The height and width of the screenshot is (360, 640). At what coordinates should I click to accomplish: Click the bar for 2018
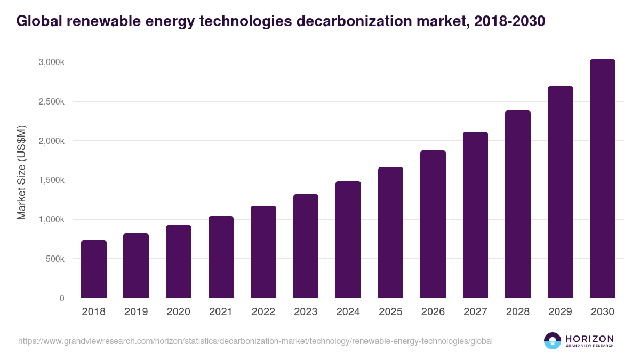(x=94, y=269)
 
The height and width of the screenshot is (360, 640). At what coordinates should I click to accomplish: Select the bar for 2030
(x=603, y=179)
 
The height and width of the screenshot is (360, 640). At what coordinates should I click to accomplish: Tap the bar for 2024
(x=348, y=239)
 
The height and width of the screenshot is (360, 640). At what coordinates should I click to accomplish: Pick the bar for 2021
(x=221, y=257)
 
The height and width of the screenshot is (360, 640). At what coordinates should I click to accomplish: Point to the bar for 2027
(x=475, y=214)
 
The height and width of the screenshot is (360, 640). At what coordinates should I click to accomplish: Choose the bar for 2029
(x=560, y=192)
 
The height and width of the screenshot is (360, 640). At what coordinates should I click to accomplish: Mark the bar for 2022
(x=263, y=252)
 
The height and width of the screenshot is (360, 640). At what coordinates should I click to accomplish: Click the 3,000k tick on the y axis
(x=51, y=62)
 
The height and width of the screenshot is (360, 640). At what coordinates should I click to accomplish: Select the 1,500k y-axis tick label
(x=51, y=180)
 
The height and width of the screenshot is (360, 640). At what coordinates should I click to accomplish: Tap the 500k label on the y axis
(x=55, y=259)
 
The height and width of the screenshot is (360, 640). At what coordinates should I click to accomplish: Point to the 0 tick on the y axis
(x=62, y=298)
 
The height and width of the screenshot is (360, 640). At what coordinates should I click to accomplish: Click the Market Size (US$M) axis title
(x=22, y=172)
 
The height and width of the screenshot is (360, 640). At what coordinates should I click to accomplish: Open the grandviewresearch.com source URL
(x=255, y=341)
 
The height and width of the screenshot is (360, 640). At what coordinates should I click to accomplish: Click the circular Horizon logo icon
(x=553, y=341)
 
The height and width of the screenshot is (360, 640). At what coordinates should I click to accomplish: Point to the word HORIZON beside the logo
(x=589, y=338)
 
